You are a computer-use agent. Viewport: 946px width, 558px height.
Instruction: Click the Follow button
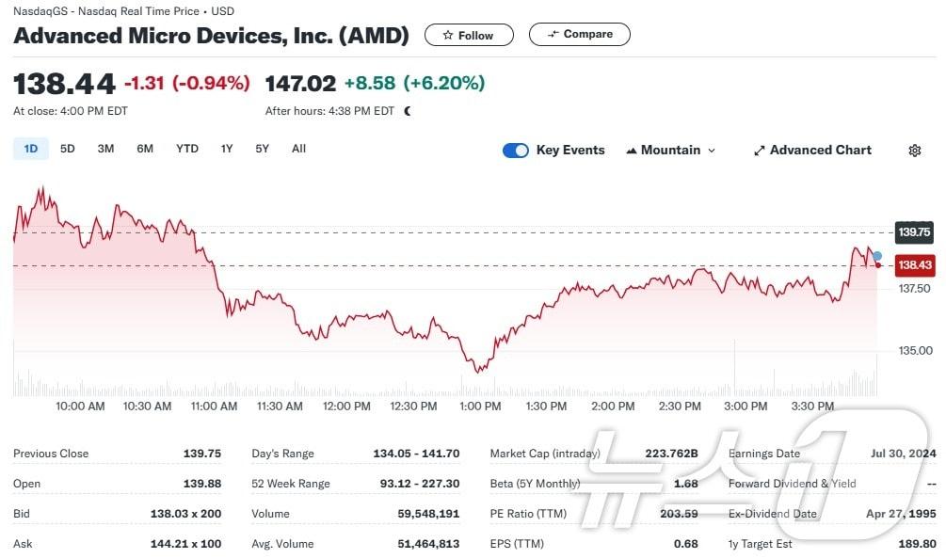469,35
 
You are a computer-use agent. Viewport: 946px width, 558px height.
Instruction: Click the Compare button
579,35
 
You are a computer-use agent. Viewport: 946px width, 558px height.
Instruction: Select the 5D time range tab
68,149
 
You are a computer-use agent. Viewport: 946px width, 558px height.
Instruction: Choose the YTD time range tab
187,149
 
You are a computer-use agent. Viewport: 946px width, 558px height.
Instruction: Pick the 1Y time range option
227,149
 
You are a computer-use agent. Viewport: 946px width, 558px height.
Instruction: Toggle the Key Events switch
516,151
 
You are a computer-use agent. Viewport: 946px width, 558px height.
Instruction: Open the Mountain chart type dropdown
671,151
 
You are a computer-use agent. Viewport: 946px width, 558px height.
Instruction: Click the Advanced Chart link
812,151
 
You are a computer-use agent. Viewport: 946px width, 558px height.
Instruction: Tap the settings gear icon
914,151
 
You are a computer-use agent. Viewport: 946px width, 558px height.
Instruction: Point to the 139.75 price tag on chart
914,231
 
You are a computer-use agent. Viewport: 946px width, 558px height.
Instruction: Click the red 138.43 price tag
914,265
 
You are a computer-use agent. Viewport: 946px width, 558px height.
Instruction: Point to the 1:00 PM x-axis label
480,407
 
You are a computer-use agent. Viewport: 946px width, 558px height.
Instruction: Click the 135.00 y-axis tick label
915,351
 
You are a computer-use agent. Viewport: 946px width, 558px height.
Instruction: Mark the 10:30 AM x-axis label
148,407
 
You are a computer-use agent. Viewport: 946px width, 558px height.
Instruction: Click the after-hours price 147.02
300,83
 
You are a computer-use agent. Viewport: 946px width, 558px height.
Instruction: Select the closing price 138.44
64,83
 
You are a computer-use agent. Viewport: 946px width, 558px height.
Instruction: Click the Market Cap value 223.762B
671,454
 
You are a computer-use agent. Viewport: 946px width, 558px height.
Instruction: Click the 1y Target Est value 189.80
917,544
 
